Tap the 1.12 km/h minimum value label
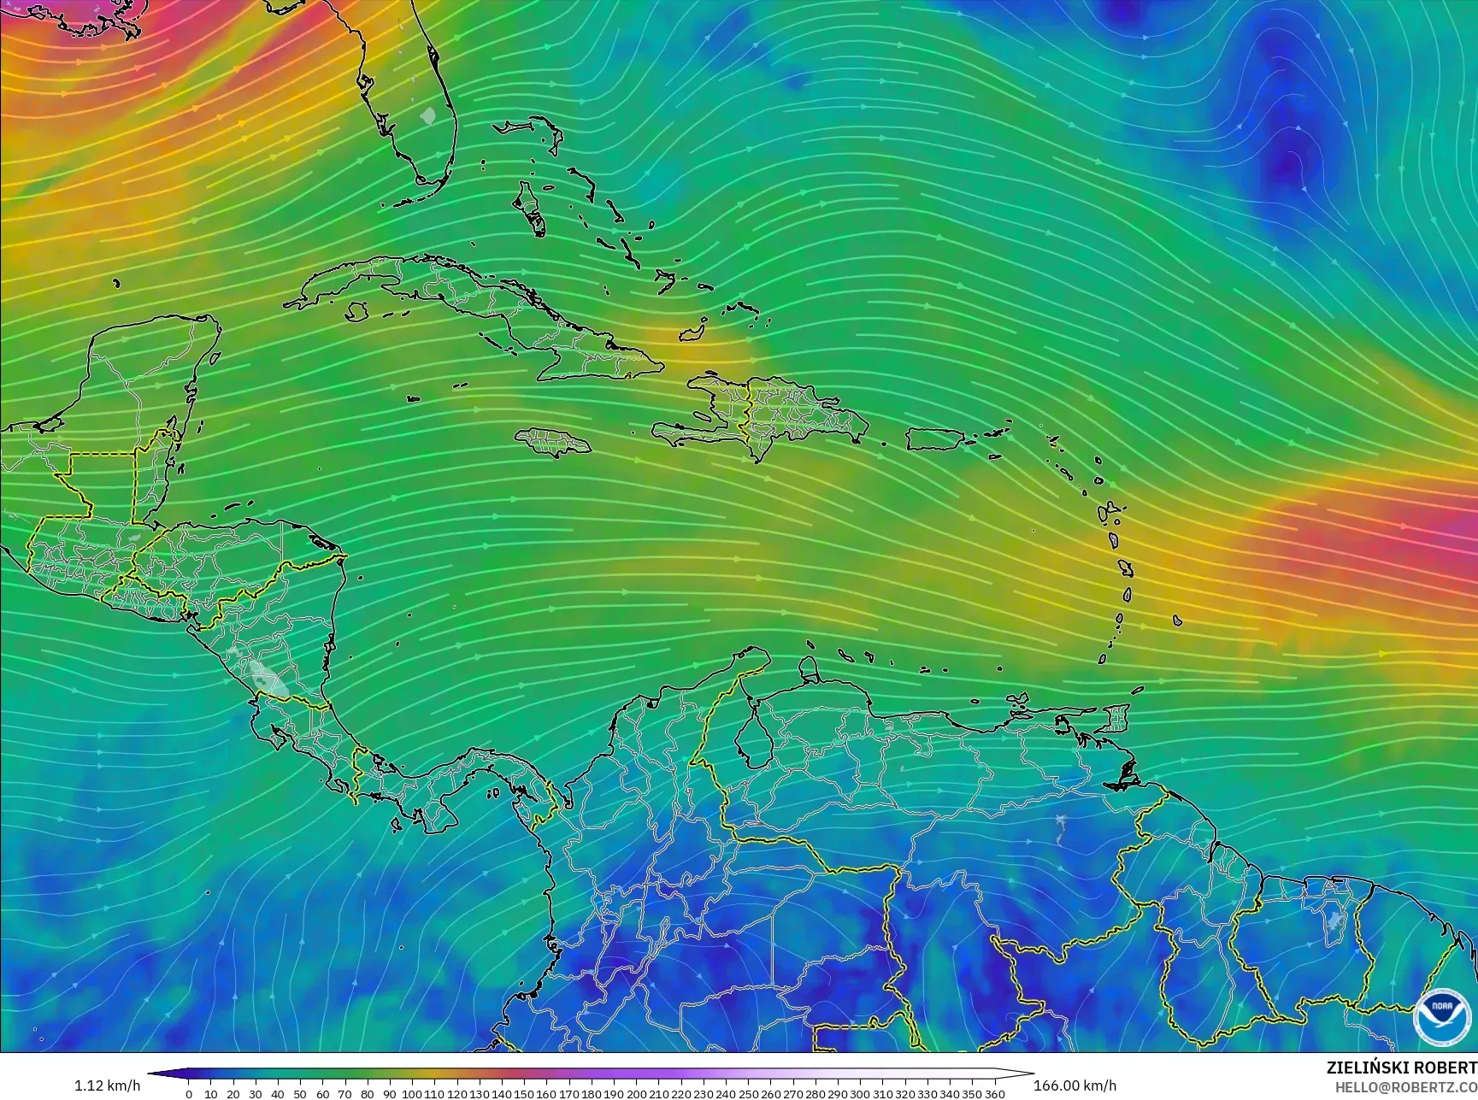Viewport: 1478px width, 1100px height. point(106,1086)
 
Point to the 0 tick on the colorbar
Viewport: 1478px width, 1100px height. point(189,1093)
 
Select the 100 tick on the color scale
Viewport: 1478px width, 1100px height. point(411,1093)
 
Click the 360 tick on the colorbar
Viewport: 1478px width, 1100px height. point(994,1093)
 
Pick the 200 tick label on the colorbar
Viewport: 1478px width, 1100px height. point(635,1093)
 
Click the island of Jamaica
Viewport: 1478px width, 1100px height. point(553,441)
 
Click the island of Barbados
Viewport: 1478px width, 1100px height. point(1177,621)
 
